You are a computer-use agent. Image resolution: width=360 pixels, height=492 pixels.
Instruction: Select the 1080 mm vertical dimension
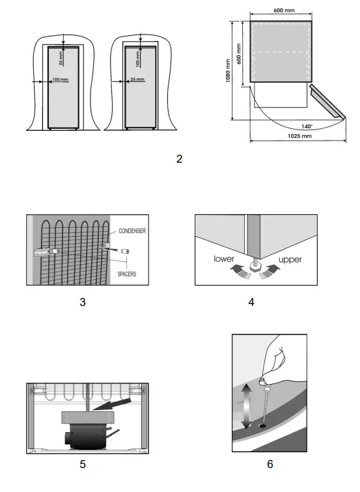point(228,70)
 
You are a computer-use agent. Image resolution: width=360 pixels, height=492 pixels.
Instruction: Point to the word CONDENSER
point(133,230)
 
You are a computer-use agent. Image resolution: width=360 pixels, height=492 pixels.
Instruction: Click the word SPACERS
point(127,274)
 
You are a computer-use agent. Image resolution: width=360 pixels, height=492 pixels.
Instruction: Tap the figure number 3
point(81,302)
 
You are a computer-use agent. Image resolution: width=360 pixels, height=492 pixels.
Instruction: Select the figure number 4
point(252,302)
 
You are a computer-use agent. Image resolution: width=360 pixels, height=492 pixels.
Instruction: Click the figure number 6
point(270,464)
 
